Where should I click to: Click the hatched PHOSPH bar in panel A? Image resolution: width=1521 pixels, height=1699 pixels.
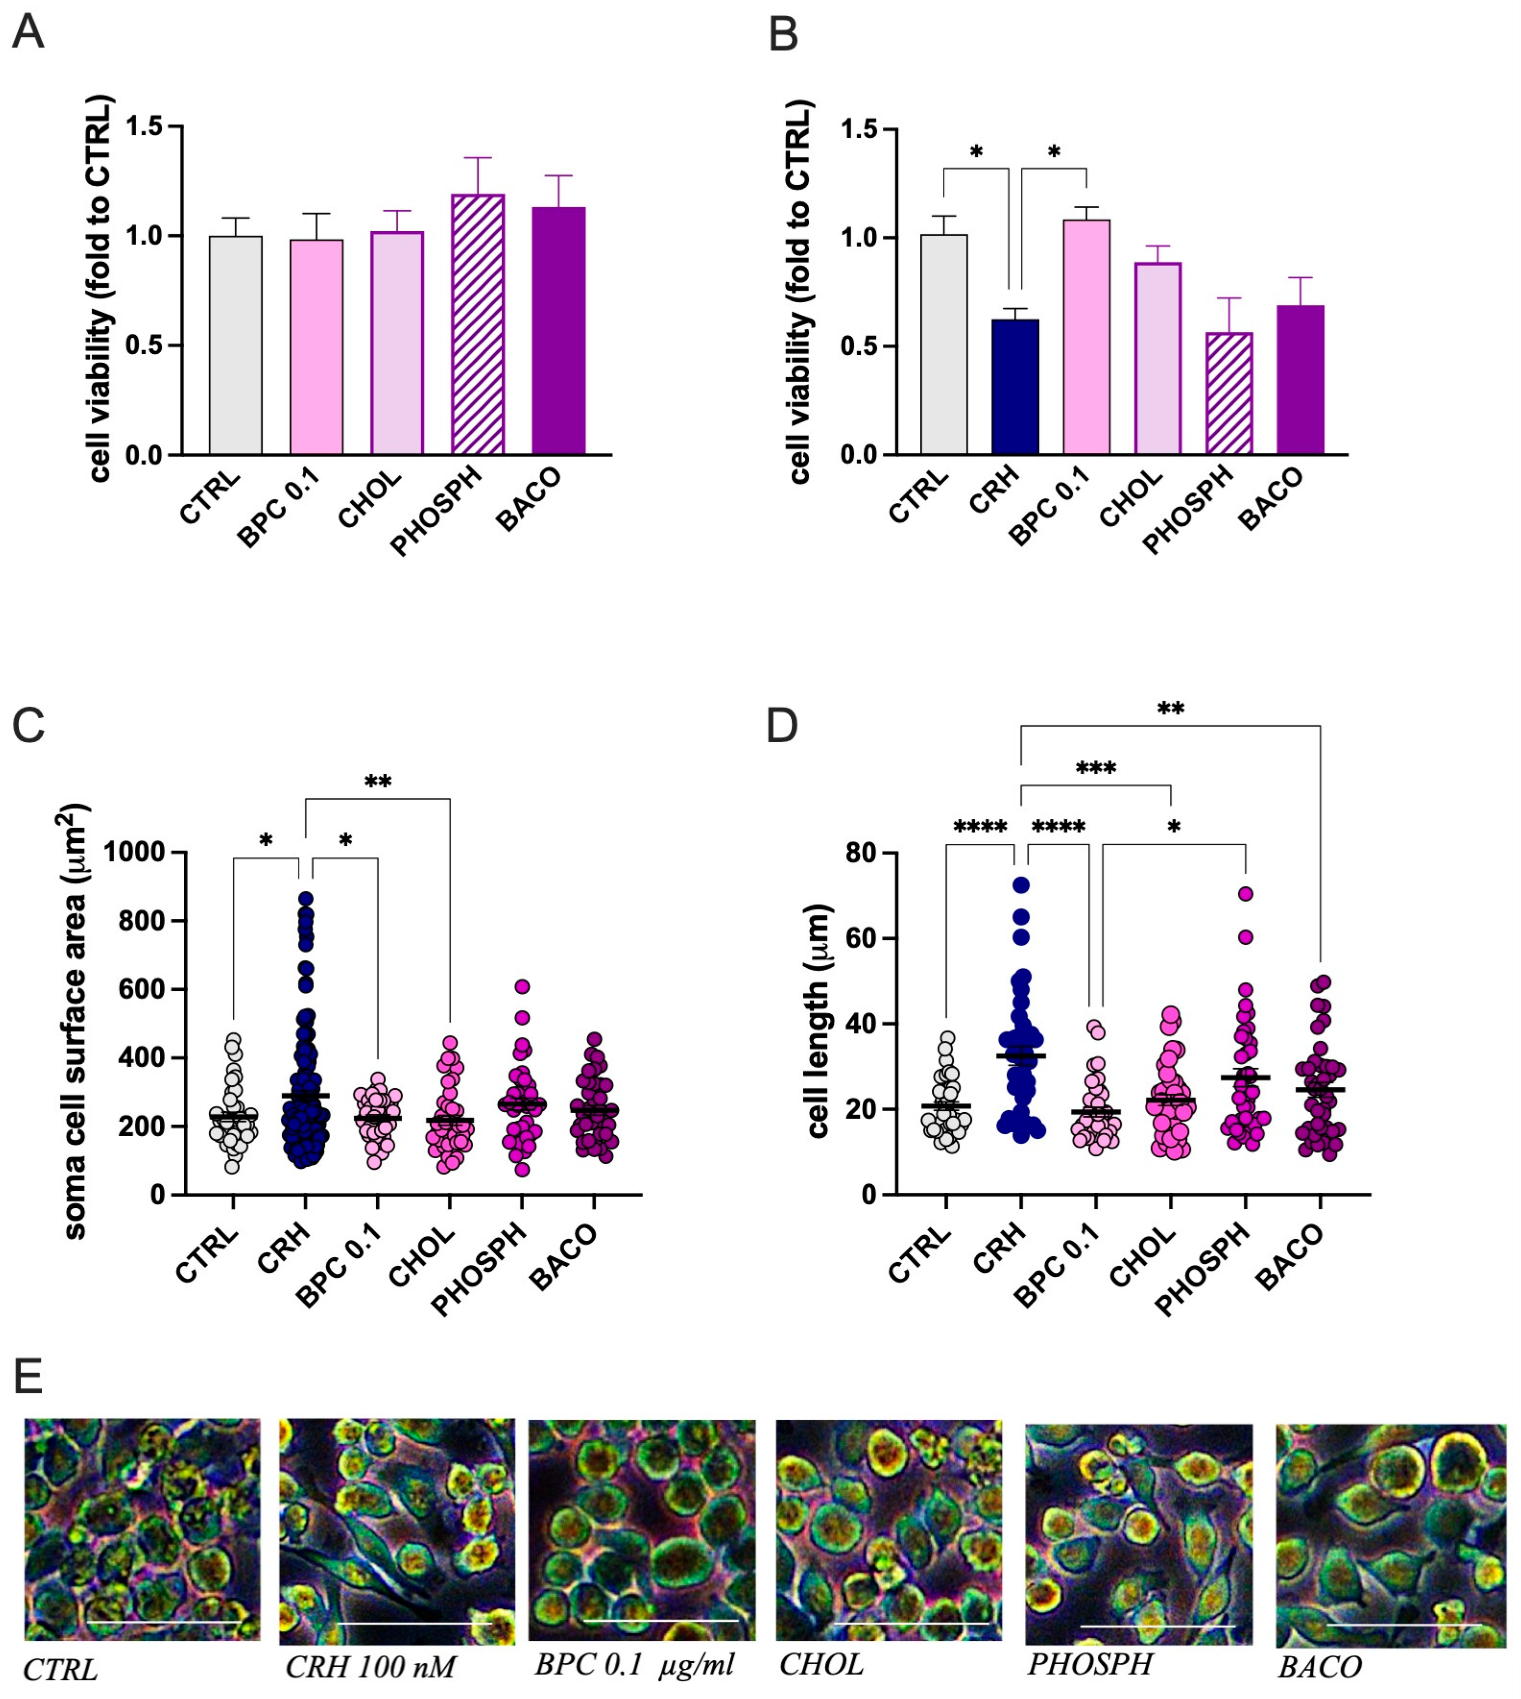(x=477, y=326)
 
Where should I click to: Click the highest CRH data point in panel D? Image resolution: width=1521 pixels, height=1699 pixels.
(x=1021, y=884)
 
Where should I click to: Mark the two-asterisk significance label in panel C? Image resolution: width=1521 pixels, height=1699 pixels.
(x=378, y=783)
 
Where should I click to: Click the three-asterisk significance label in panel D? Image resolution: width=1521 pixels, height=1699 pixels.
(x=1095, y=768)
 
